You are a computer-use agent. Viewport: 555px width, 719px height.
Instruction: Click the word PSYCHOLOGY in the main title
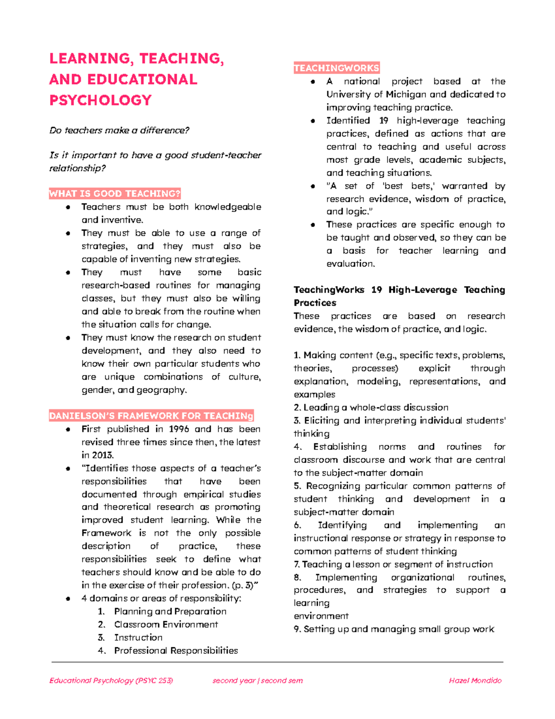[100, 100]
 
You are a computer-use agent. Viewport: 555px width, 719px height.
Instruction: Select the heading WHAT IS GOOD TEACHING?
[115, 194]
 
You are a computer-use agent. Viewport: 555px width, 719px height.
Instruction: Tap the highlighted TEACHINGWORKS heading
[336, 68]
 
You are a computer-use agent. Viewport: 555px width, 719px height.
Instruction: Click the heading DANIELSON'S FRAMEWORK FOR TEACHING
[151, 416]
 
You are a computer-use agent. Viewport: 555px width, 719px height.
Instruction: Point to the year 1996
[179, 429]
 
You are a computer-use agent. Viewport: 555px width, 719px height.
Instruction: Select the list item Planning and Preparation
[170, 612]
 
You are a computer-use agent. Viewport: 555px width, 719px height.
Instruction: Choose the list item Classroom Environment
[166, 625]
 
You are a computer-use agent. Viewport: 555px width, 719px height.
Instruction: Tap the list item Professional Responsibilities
[176, 650]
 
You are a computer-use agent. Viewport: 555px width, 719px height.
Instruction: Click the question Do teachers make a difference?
[119, 131]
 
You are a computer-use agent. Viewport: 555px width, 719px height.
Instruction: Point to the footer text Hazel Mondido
[475, 681]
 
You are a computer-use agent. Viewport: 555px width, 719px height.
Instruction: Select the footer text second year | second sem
[258, 681]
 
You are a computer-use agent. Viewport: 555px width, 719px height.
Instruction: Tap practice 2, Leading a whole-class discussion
[371, 407]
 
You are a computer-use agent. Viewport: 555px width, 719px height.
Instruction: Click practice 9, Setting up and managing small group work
[394, 629]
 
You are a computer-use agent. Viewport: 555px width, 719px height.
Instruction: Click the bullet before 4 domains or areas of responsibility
[68, 599]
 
